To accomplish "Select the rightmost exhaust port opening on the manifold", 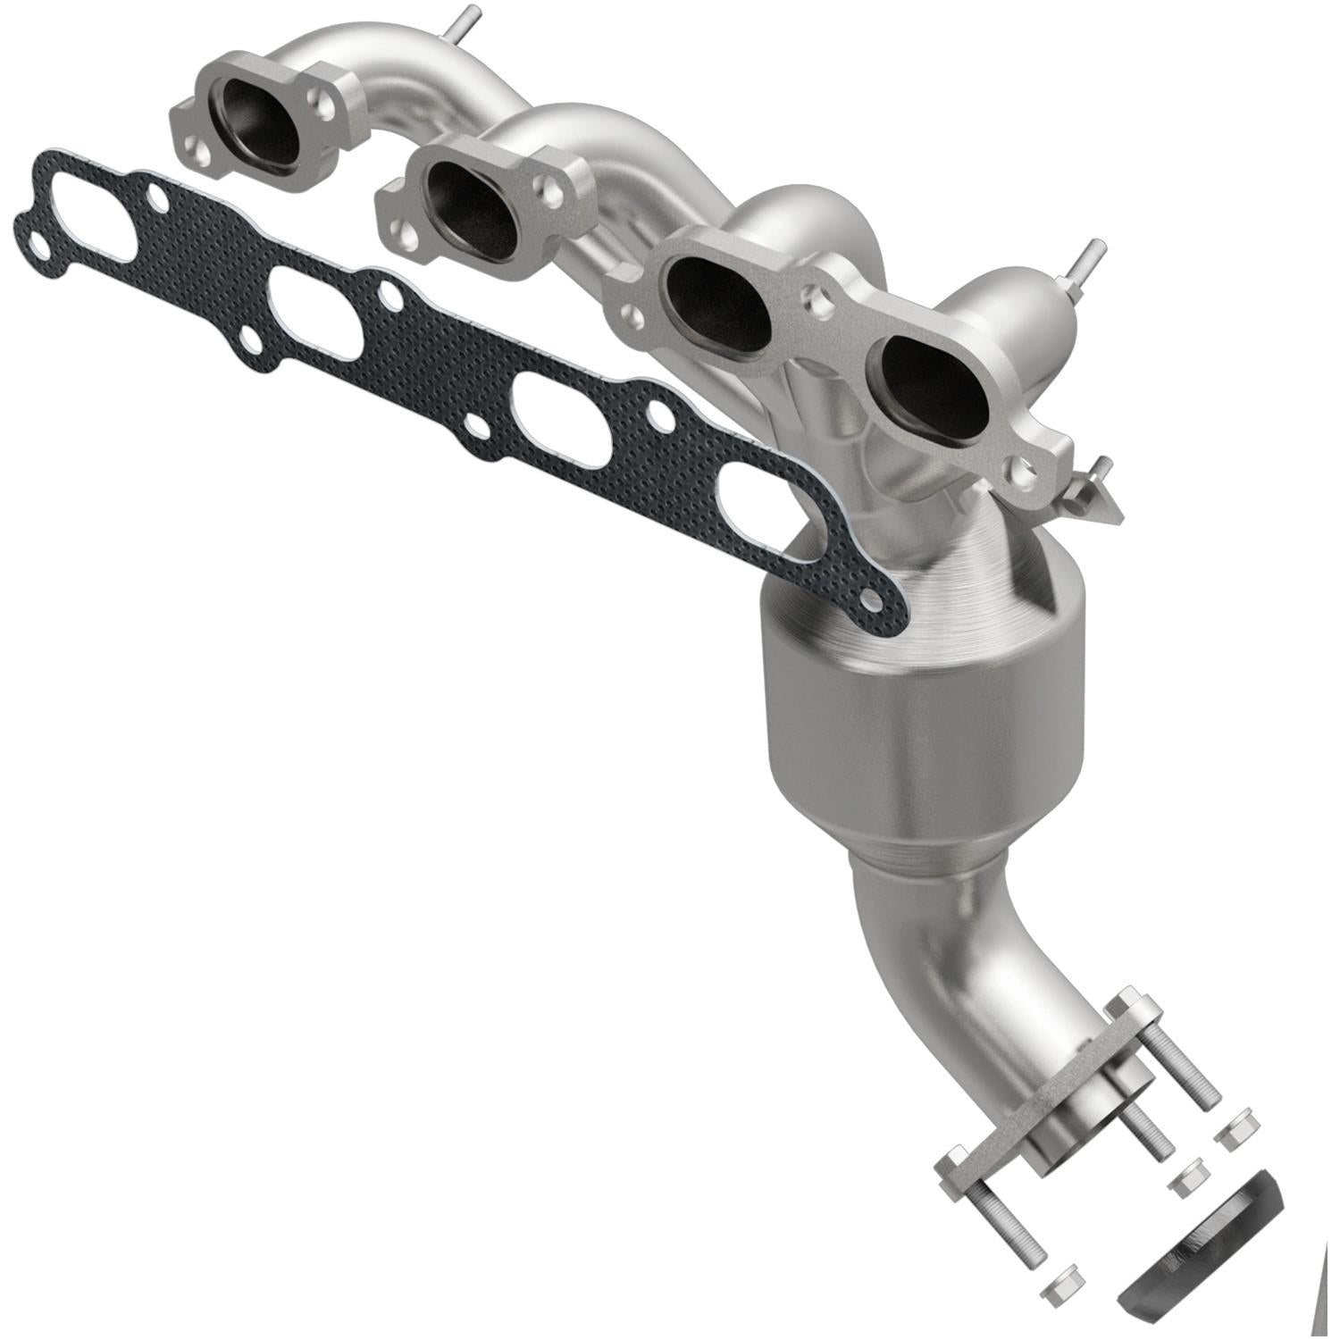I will coord(934,389).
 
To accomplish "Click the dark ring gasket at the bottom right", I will coord(1202,1251).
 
